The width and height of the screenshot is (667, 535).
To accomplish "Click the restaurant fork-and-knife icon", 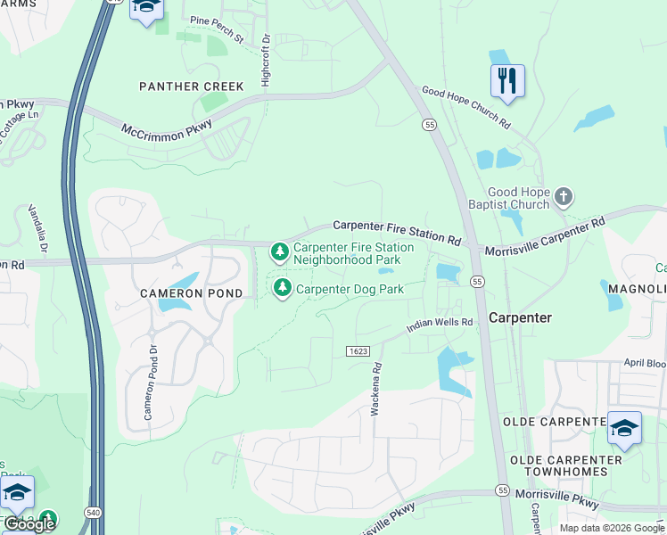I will tap(507, 81).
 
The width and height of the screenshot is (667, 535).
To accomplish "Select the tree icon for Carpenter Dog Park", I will tap(283, 288).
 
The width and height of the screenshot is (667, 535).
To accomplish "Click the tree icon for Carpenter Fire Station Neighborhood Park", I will tap(280, 252).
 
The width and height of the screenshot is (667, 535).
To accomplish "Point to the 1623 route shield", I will tap(358, 351).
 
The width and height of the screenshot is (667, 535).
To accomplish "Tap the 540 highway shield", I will tap(93, 512).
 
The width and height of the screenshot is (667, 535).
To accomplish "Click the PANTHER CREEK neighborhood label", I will tap(191, 86).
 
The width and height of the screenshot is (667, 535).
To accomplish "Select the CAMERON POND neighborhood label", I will tap(191, 292).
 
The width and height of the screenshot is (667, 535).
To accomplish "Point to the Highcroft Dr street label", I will tap(266, 61).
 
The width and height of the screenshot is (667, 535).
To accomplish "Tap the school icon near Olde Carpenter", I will tap(624, 430).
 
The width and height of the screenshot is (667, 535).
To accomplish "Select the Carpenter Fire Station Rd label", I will tap(397, 234).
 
